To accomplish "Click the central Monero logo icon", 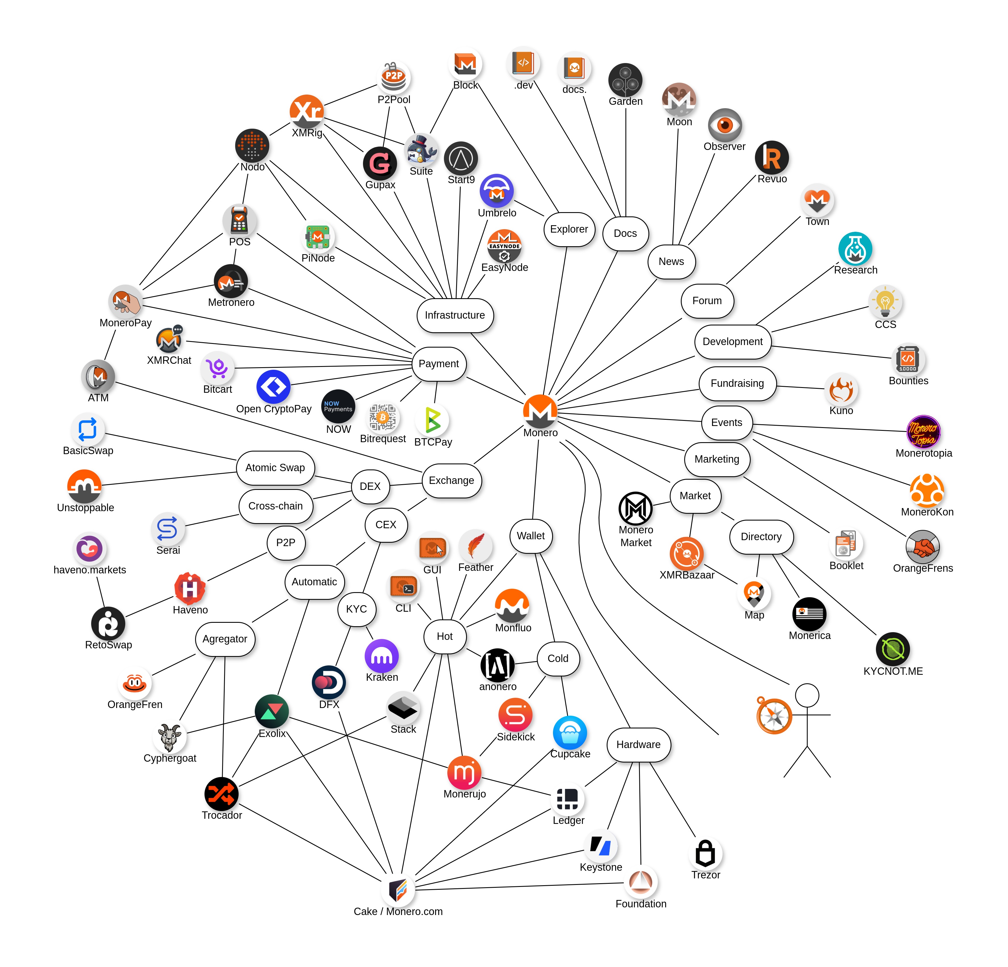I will coord(540,410).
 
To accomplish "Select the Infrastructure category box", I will coord(455,315).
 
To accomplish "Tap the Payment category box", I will coord(439,364).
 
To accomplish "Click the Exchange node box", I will coord(452,481).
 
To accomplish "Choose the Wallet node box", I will coord(531,536).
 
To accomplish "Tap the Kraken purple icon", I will coord(382,656).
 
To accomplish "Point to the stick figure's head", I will coord(807,696).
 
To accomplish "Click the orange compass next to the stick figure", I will coord(774,715).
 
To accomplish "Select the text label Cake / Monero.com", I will coord(398,911).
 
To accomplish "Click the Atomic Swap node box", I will coord(275,467).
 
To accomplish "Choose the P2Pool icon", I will coord(394,78).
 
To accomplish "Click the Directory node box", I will coord(761,536).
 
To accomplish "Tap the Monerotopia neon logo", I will coord(924,432).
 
